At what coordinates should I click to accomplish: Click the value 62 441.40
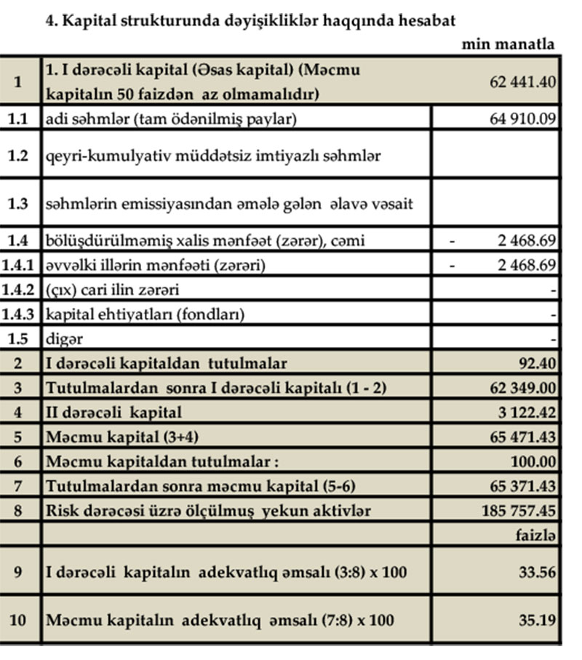pyautogui.click(x=523, y=82)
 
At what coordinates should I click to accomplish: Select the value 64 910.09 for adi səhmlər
pyautogui.click(x=523, y=118)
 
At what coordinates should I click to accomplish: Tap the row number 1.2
pyautogui.click(x=19, y=155)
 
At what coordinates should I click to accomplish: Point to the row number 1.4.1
pyautogui.click(x=19, y=266)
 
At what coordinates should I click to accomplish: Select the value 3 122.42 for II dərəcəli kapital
pyautogui.click(x=527, y=413)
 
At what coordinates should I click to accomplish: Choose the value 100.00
pyautogui.click(x=534, y=461)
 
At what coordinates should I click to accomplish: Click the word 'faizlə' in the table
pyautogui.click(x=535, y=535)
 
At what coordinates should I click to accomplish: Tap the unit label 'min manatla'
pyautogui.click(x=508, y=44)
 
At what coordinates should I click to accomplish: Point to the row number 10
pyautogui.click(x=19, y=621)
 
